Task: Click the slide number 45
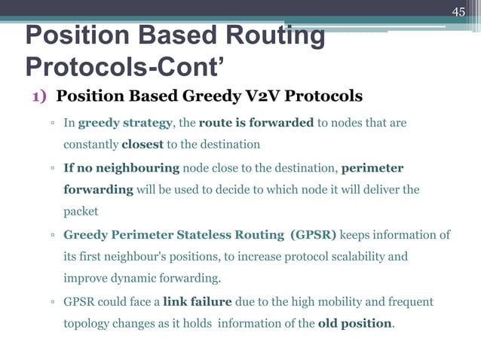[458, 11]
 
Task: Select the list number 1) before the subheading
[41, 97]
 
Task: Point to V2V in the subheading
[257, 97]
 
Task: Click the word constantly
[90, 144]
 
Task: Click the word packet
[81, 212]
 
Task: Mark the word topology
[87, 324]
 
